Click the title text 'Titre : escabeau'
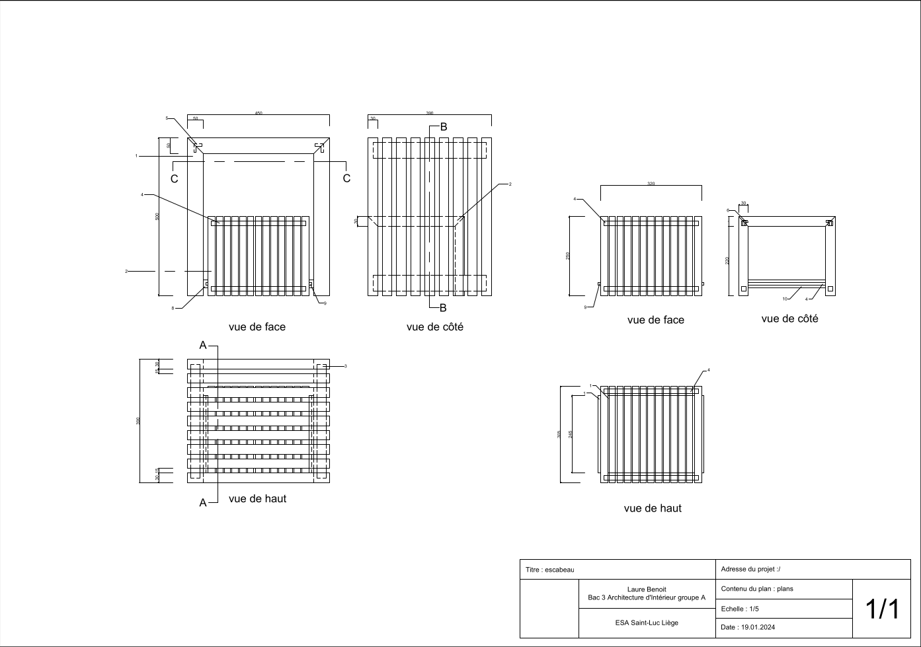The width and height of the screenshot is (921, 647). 549,570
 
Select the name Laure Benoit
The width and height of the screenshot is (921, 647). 646,589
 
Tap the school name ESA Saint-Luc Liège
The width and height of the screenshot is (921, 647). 646,623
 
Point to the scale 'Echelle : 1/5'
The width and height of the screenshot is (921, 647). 740,609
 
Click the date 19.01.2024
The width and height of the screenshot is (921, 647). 748,628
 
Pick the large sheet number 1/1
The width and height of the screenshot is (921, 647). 882,609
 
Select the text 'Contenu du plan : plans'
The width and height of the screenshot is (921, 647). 756,589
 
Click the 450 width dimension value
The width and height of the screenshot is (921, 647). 259,113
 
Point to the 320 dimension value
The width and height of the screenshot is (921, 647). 651,184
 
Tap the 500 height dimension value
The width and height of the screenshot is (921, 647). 157,216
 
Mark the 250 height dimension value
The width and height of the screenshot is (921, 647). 567,256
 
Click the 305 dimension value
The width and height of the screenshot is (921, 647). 559,434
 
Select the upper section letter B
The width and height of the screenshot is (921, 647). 444,127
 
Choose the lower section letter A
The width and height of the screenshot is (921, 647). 203,503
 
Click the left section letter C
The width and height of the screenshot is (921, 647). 175,179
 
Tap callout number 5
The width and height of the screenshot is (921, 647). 167,118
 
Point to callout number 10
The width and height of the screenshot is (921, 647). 785,299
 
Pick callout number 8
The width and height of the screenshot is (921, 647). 173,308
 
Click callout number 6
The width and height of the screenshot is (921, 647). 728,210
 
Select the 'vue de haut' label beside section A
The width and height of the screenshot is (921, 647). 257,499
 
